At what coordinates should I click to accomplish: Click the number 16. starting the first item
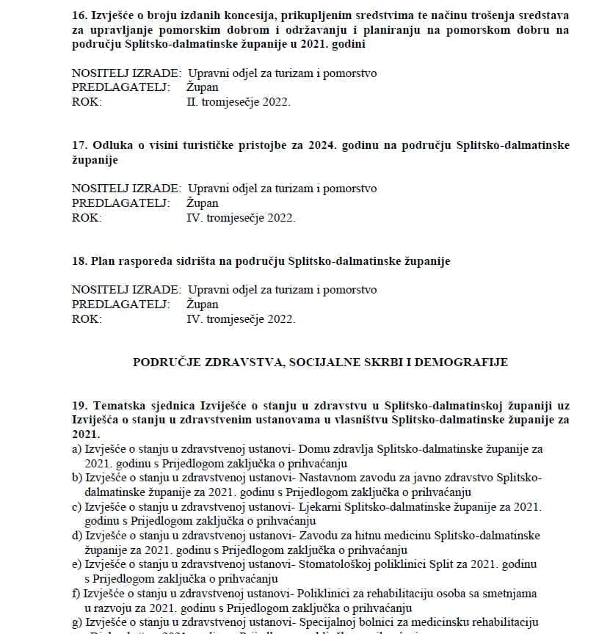(80, 15)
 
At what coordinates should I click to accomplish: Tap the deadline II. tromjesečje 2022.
(239, 102)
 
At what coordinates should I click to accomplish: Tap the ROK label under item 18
(87, 318)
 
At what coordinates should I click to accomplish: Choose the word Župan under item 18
(203, 304)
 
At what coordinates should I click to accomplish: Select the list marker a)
(76, 449)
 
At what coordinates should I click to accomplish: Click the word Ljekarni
(319, 507)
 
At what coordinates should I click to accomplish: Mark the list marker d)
(77, 536)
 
